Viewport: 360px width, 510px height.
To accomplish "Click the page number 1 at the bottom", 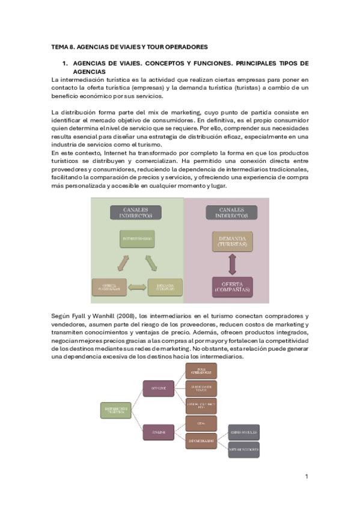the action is (307, 477).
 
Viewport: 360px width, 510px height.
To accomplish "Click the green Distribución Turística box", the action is (117, 411).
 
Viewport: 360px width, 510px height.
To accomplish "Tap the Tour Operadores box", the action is (201, 371).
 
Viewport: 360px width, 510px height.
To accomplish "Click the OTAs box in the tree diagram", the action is (201, 423).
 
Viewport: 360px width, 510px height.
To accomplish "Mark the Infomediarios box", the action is (201, 440).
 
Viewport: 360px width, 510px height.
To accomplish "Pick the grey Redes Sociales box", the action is (244, 432).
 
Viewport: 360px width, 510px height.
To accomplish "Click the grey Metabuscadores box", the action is (244, 449).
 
